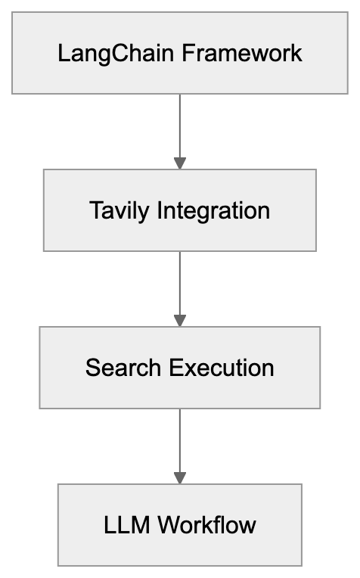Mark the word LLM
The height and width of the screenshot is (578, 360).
click(x=124, y=524)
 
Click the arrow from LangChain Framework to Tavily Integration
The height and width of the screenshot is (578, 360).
click(x=179, y=125)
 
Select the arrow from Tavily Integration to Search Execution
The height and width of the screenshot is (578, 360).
click(x=179, y=284)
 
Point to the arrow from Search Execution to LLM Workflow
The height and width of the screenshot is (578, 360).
click(x=179, y=440)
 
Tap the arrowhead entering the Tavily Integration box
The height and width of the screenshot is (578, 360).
click(x=179, y=163)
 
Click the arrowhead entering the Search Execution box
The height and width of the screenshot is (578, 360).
click(x=179, y=320)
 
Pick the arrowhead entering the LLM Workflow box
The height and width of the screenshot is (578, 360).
click(x=179, y=477)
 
